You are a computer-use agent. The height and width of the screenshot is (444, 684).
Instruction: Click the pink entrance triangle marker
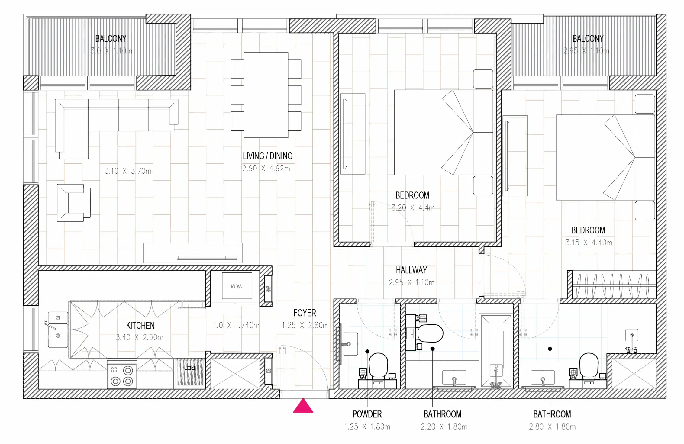(303, 406)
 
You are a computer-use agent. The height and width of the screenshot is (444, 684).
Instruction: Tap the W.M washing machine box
(237, 286)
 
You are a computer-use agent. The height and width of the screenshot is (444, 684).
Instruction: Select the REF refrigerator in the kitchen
(190, 373)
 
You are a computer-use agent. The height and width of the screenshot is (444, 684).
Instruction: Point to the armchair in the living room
(74, 203)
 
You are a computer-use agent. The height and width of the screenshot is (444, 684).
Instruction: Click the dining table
(266, 95)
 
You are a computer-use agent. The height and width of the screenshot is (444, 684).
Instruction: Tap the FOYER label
(305, 313)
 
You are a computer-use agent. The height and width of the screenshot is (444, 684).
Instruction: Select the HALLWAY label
(411, 270)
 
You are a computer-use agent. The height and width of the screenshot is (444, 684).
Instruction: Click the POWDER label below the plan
(367, 414)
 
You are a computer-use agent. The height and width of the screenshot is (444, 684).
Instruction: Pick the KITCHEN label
(140, 326)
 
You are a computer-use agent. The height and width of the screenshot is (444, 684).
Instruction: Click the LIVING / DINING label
(268, 156)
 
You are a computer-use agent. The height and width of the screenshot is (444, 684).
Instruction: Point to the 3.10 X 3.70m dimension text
(128, 171)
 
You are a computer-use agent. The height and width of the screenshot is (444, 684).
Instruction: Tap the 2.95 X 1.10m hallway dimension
(411, 282)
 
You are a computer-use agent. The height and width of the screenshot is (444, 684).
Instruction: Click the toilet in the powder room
(378, 366)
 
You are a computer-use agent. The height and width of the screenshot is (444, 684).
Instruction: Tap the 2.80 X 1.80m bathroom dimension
(552, 427)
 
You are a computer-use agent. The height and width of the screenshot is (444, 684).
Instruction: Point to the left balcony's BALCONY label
(111, 39)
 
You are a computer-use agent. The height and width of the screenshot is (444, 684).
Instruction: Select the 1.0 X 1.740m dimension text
(236, 325)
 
